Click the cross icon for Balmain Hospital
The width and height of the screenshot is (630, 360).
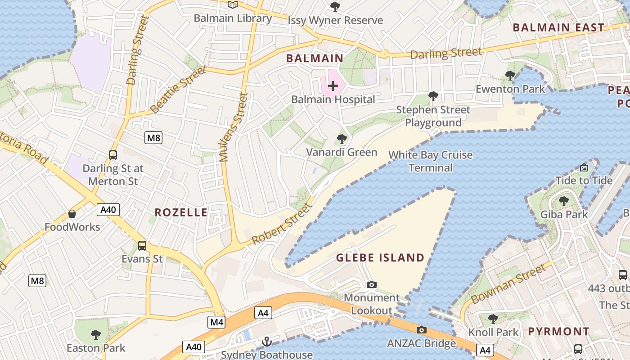tap(333, 85)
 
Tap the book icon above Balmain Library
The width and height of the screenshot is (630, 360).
tap(232, 5)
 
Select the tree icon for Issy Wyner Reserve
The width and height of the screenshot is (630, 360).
tap(335, 6)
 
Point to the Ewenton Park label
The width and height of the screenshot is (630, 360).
tap(510, 89)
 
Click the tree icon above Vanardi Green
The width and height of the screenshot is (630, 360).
tap(342, 139)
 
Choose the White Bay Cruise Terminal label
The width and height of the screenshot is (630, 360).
tap(431, 161)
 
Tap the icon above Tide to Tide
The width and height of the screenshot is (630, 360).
tap(584, 167)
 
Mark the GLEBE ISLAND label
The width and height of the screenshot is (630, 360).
tap(380, 258)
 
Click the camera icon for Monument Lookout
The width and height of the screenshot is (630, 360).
tap(372, 284)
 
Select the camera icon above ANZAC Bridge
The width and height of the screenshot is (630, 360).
tap(422, 330)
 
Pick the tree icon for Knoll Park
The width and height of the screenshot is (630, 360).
tap(493, 319)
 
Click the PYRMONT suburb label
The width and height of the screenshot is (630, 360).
tap(558, 332)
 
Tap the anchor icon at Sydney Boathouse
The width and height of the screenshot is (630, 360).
tap(267, 342)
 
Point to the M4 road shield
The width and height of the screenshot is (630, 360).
tap(216, 322)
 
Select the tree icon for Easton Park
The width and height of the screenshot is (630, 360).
tap(96, 334)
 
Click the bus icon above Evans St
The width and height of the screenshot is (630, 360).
tap(142, 245)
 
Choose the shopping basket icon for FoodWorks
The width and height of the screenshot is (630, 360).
tap(72, 214)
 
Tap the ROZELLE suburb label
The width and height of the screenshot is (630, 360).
tap(181, 212)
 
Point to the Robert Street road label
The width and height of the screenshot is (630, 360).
tap(282, 224)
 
